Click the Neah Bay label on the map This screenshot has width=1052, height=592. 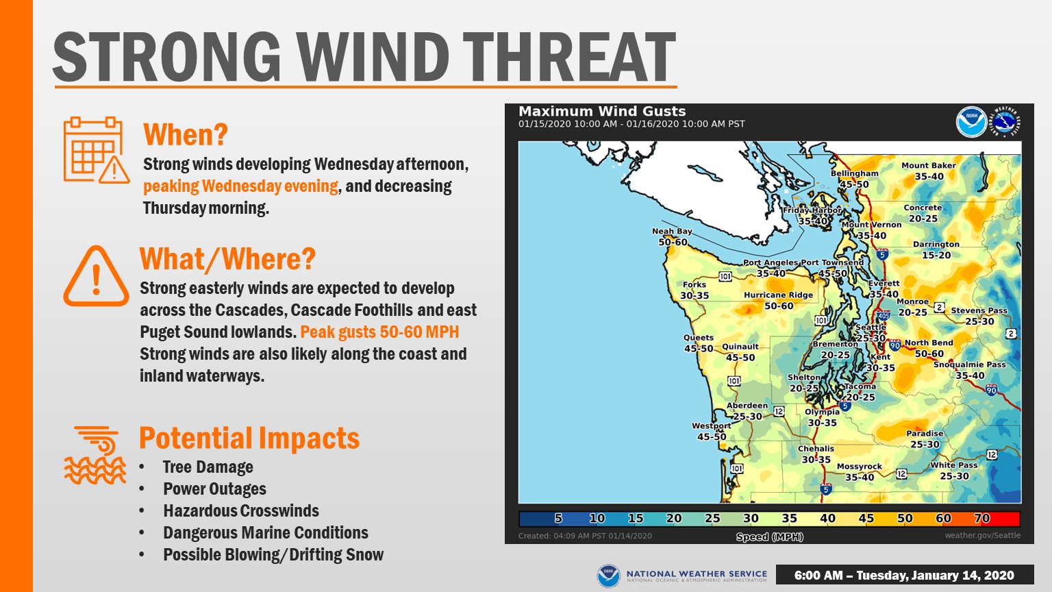point(672,231)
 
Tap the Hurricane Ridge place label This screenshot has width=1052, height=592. point(778,295)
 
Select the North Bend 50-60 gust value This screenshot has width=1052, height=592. point(929,354)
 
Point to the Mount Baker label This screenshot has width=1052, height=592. point(929,165)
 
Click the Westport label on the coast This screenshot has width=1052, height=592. point(711,425)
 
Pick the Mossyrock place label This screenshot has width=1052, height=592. point(860,467)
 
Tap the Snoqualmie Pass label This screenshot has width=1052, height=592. point(969,365)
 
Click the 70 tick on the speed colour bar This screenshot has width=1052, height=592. point(981,518)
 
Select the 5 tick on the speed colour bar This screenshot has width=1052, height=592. point(558,518)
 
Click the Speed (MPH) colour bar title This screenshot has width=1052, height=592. point(769,536)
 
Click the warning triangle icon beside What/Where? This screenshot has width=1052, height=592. point(97,276)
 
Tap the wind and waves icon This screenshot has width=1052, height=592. point(95,455)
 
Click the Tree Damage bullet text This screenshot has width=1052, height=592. point(208,467)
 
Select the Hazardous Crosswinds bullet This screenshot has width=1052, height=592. point(241,510)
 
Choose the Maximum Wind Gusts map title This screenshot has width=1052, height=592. point(602,112)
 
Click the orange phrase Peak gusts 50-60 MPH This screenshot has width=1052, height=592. point(379,332)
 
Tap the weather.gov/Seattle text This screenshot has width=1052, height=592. point(983,535)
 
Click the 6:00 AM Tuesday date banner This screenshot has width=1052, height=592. point(905,575)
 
